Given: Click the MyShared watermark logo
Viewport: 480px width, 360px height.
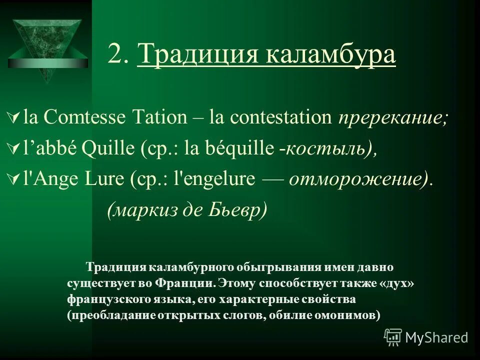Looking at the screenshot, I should click(x=426, y=337).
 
